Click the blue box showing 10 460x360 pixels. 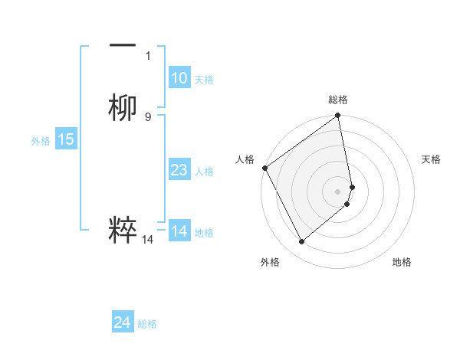pyautogui.click(x=179, y=78)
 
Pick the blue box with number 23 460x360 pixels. pyautogui.click(x=179, y=170)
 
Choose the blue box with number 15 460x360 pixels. pyautogui.click(x=66, y=139)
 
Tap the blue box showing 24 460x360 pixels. pyautogui.click(x=122, y=323)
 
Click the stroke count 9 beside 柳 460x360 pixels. pyautogui.click(x=148, y=116)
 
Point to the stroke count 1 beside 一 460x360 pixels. pyautogui.click(x=148, y=55)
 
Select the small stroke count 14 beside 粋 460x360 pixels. pyautogui.click(x=148, y=240)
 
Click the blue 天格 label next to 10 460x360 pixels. pyautogui.click(x=204, y=80)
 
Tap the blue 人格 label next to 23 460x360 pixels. pyautogui.click(x=204, y=172)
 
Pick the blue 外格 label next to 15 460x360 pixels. pyautogui.click(x=41, y=141)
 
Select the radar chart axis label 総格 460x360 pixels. pyautogui.click(x=338, y=100)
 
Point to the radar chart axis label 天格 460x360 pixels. pyautogui.click(x=431, y=159)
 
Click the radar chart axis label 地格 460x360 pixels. pyautogui.click(x=402, y=262)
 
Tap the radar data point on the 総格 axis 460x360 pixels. pyautogui.click(x=338, y=116)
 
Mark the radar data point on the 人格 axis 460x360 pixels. pyautogui.click(x=264, y=168)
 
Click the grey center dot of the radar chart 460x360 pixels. pyautogui.click(x=338, y=191)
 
